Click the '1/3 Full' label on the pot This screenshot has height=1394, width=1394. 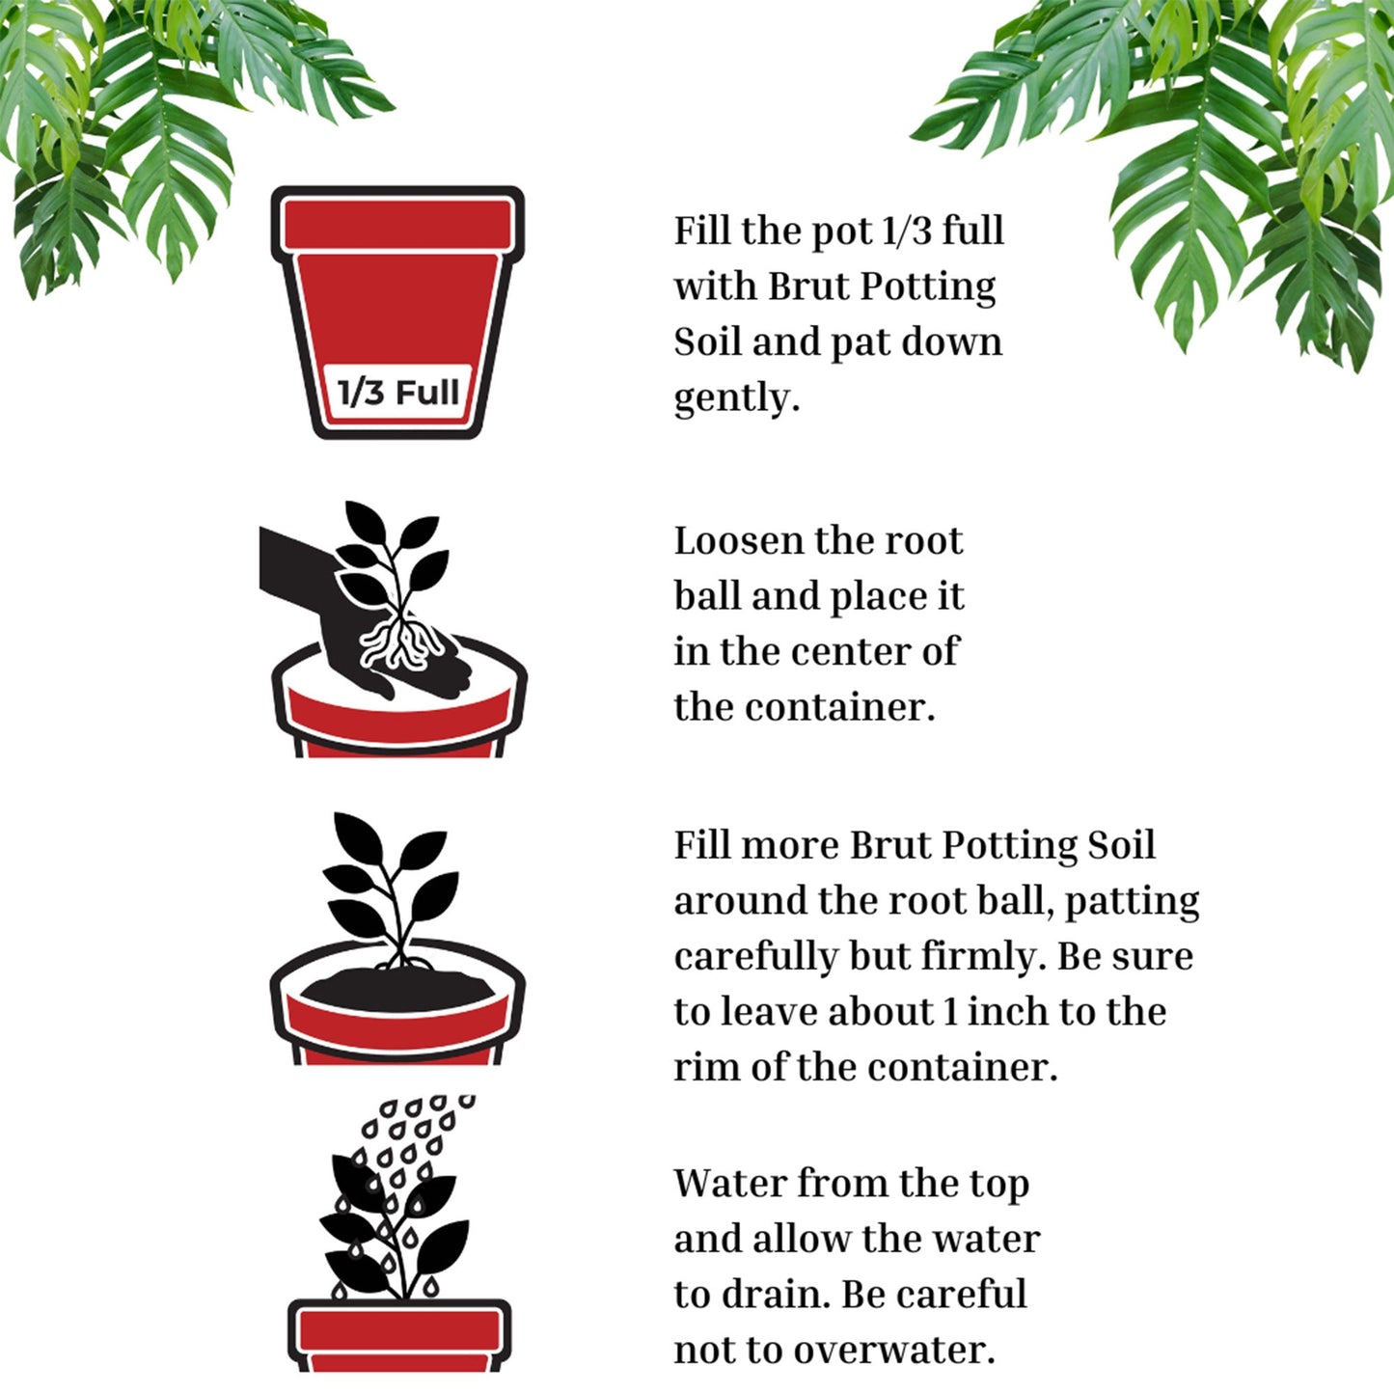396,393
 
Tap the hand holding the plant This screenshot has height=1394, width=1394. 318,588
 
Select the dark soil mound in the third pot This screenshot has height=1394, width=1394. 396,989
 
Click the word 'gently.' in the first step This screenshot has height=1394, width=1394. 736,397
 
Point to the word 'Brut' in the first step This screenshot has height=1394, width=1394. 808,287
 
